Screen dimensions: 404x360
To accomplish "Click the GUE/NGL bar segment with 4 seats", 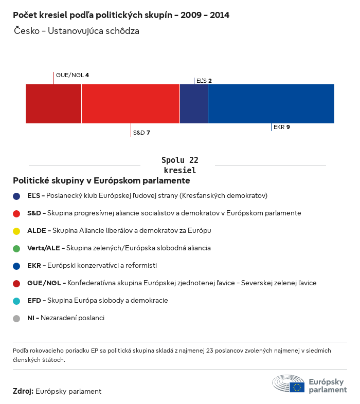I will pyautogui.click(x=53, y=104).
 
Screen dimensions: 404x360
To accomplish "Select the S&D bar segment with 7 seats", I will pyautogui.click(x=131, y=104).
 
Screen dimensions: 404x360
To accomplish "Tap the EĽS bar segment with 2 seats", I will pyautogui.click(x=194, y=104).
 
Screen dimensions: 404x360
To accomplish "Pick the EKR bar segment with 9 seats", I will pyautogui.click(x=271, y=104).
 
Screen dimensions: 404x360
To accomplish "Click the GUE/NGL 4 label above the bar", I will pyautogui.click(x=73, y=75).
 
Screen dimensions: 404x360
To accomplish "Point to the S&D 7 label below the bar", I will pyautogui.click(x=141, y=133).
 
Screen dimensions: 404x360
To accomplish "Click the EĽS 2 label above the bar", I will pyautogui.click(x=204, y=81).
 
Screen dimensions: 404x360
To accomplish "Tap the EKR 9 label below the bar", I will pyautogui.click(x=282, y=127).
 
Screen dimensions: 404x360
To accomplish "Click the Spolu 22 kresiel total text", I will pyautogui.click(x=179, y=165).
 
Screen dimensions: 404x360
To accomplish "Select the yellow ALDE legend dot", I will pyautogui.click(x=16, y=231).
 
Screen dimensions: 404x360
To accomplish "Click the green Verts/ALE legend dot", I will pyautogui.click(x=16, y=248).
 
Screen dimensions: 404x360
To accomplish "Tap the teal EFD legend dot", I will pyautogui.click(x=16, y=301).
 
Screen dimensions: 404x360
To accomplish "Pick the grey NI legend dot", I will pyautogui.click(x=16, y=318).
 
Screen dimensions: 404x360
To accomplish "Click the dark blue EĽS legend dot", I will pyautogui.click(x=16, y=196).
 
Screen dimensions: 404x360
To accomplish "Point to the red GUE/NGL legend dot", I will pyautogui.click(x=16, y=283).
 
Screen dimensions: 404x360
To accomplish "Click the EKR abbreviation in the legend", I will pyautogui.click(x=33, y=266).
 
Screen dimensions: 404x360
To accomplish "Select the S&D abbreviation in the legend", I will pyautogui.click(x=34, y=213).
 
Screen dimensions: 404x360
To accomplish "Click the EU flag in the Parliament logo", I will pyautogui.click(x=297, y=387).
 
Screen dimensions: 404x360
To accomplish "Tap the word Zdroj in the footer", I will pyautogui.click(x=23, y=392).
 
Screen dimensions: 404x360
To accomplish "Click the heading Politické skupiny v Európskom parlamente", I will pyautogui.click(x=101, y=181).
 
